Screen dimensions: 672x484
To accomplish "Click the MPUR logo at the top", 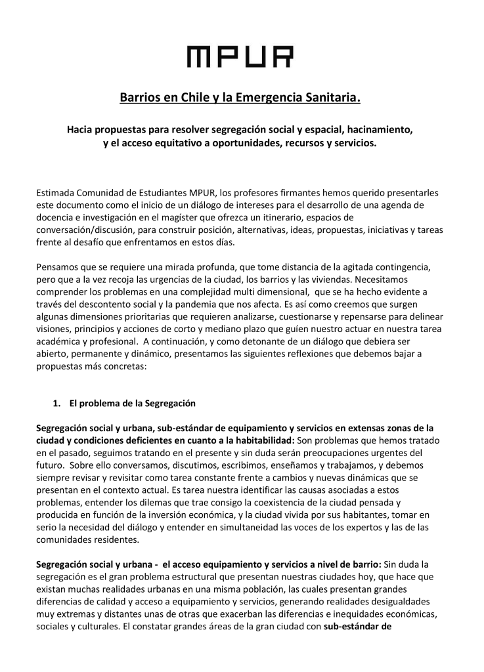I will point(240,56).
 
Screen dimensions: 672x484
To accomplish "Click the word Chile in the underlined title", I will point(188,98).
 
